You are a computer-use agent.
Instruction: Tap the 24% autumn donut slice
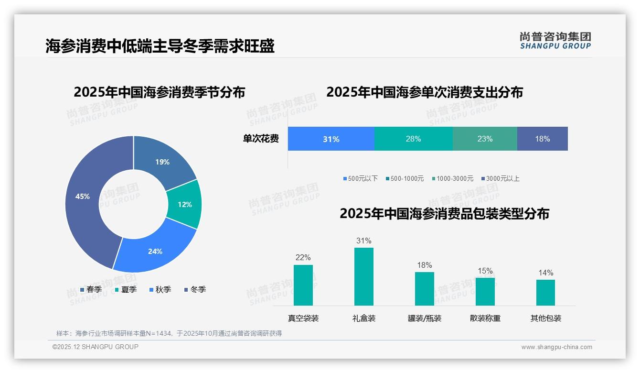pos(154,251)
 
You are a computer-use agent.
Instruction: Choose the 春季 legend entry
pos(91,289)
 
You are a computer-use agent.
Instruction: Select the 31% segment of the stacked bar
pos(331,139)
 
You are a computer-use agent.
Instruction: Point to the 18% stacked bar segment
pos(542,139)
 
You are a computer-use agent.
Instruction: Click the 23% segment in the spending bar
pos(484,139)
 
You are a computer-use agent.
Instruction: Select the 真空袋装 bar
pos(303,285)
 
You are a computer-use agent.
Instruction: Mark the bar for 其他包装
pos(545,292)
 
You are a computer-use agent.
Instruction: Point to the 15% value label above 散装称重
pos(485,271)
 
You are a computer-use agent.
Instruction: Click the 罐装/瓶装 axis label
pos(424,318)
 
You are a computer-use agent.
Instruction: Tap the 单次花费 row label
pos(261,139)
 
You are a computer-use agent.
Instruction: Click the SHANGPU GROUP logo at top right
pos(555,40)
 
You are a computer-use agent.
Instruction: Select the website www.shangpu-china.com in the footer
pos(556,347)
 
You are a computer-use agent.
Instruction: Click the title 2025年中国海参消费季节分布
pos(159,92)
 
